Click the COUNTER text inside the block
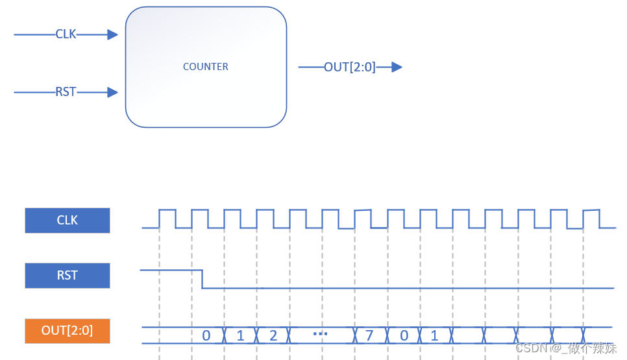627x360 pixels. [205, 66]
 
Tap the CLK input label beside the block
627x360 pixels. [66, 34]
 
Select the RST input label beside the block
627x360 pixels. [66, 92]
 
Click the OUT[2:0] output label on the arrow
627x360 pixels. [350, 67]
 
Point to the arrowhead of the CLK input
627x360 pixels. [113, 34]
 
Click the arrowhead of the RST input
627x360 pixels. [113, 92]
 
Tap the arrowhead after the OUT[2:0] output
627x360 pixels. [397, 67]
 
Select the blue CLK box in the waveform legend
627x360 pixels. [68, 221]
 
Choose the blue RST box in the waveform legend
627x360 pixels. [68, 275]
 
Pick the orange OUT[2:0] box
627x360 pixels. [68, 331]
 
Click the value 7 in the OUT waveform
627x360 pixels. [369, 335]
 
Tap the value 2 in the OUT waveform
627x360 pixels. [273, 335]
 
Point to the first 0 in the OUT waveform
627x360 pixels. [206, 335]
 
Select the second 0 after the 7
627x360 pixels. [404, 335]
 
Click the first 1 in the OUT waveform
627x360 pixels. [240, 335]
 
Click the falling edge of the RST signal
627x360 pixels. [203, 279]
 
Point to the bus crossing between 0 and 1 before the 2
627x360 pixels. [224, 335]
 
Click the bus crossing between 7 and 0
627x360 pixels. [387, 335]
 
